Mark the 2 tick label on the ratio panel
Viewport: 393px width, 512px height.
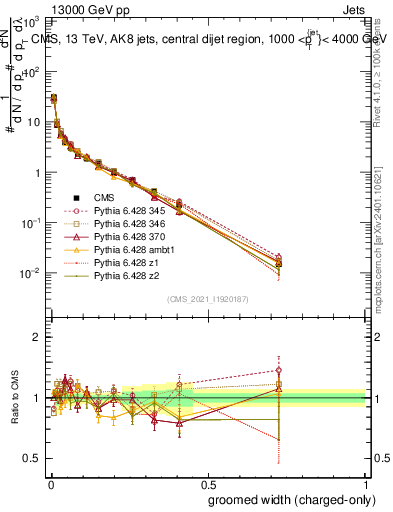[x=37, y=337]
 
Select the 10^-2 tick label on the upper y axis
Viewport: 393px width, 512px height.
[x=32, y=273]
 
